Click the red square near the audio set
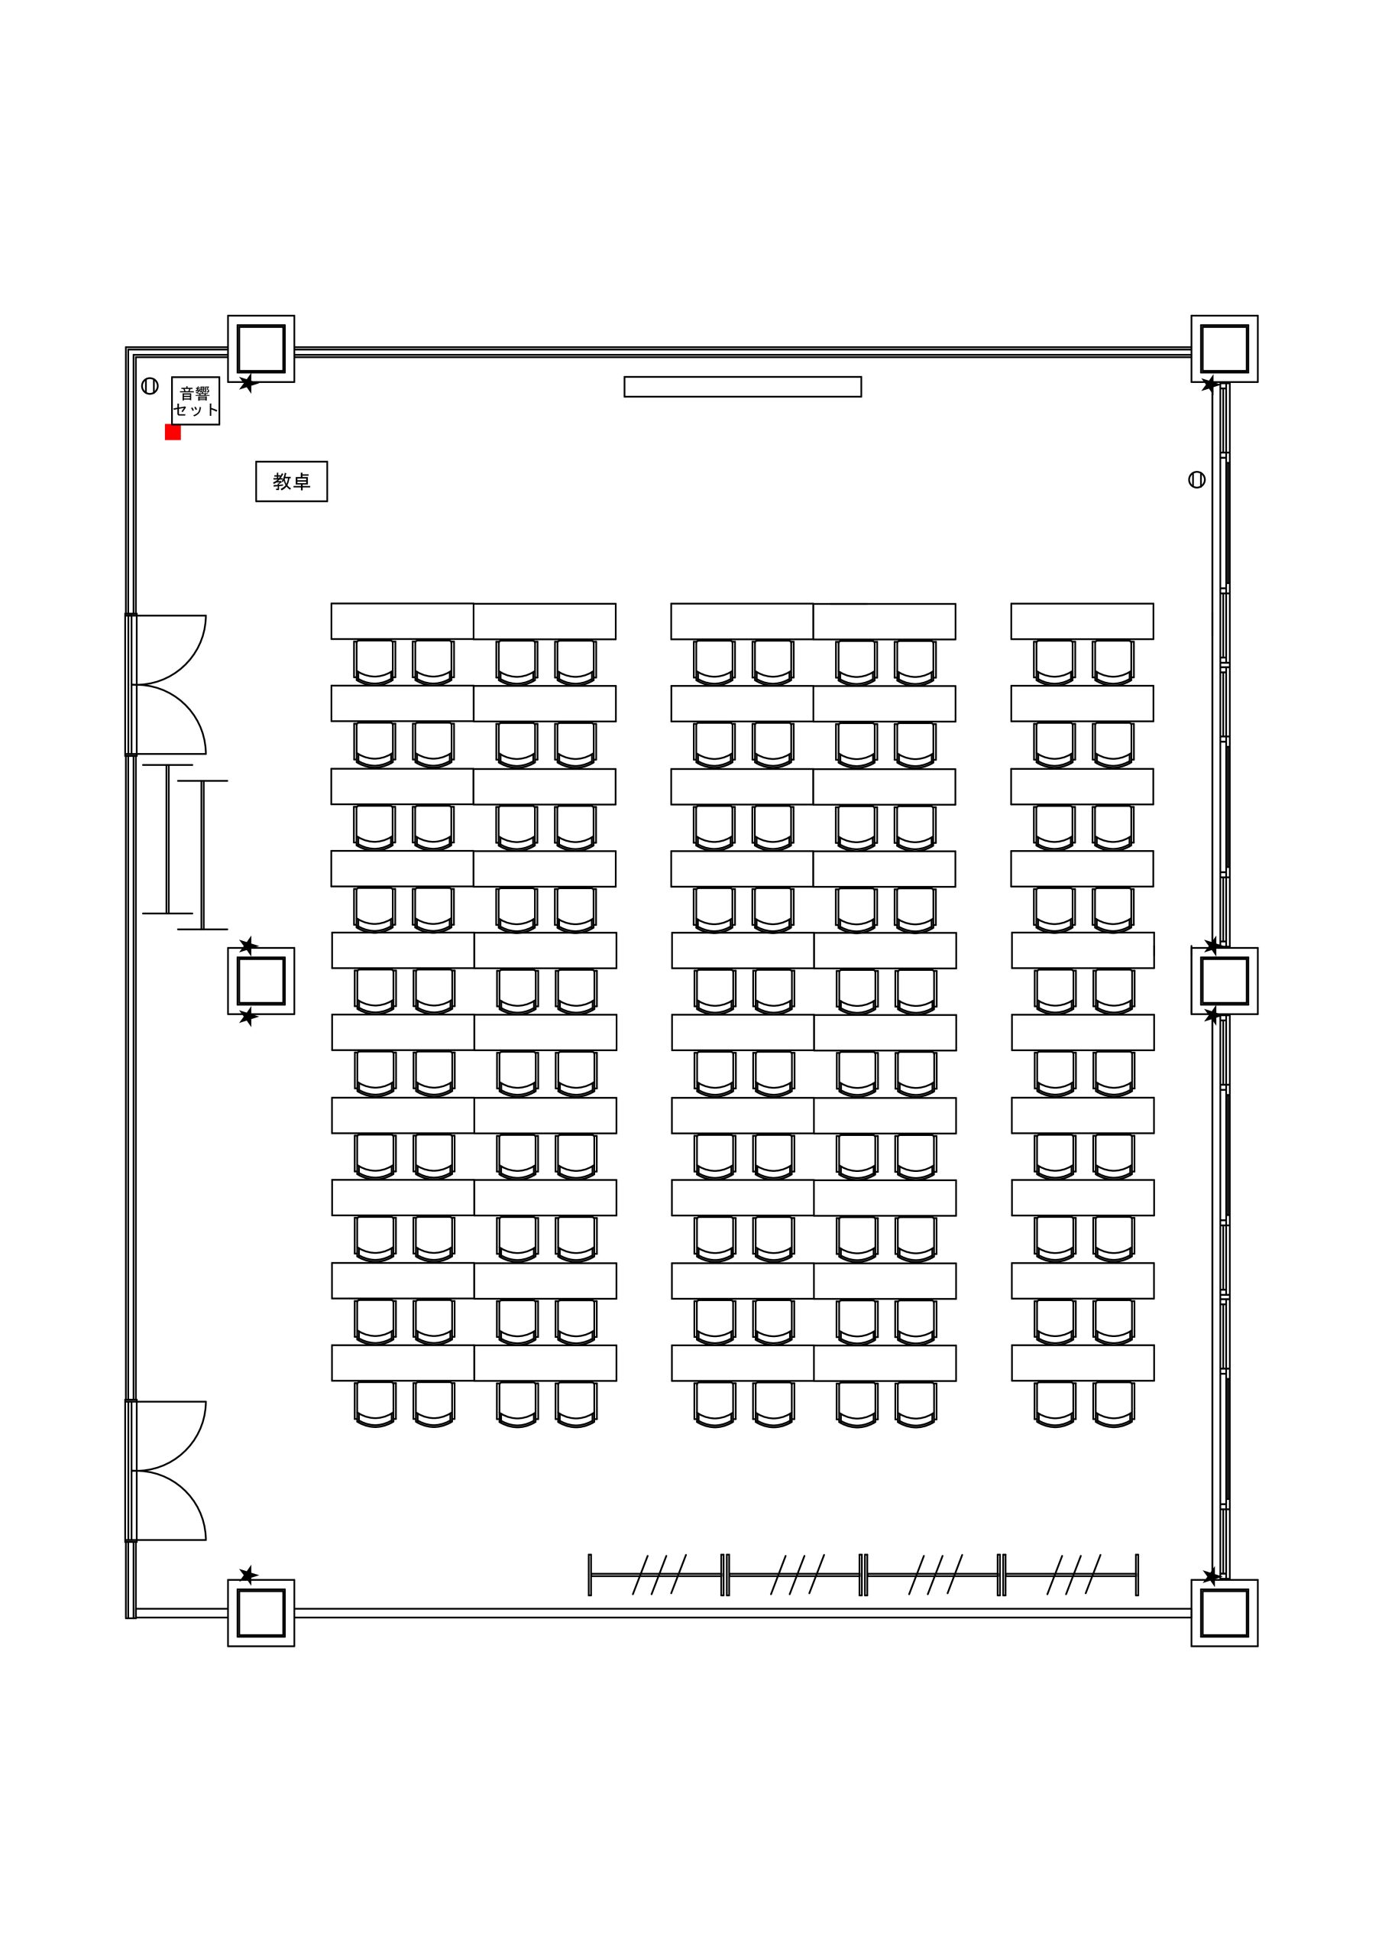[x=173, y=432]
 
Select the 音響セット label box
[x=195, y=401]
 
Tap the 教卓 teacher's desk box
[x=291, y=482]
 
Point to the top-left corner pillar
[x=261, y=349]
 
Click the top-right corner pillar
[x=1225, y=349]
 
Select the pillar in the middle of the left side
[x=261, y=981]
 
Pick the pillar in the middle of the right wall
[x=1225, y=981]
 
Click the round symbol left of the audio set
[x=150, y=386]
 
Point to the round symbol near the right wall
[x=1197, y=480]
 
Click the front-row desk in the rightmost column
[x=1082, y=622]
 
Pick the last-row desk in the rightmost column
[x=1083, y=1363]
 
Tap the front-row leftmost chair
[x=374, y=662]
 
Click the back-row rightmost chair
[x=1115, y=1404]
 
